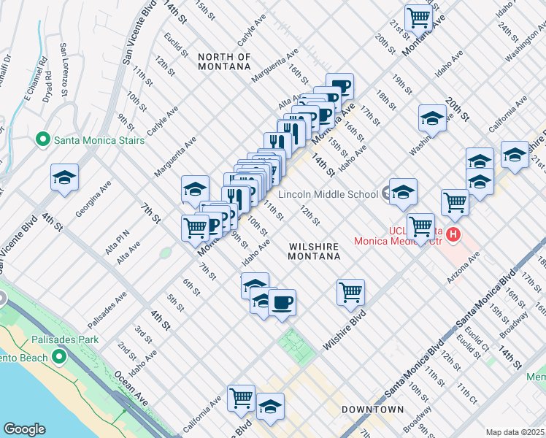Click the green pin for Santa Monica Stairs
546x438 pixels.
coord(43,139)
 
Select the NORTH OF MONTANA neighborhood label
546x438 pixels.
coord(225,62)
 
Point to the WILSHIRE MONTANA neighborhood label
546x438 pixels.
coord(314,252)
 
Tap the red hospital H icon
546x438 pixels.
coord(453,234)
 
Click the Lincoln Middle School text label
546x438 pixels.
coord(326,195)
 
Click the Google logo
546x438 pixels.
coord(24,429)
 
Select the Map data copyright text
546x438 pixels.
coord(515,432)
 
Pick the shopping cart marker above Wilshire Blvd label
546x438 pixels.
coord(350,291)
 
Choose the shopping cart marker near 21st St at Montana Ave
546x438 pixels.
coord(418,16)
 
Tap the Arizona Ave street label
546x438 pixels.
coord(465,268)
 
